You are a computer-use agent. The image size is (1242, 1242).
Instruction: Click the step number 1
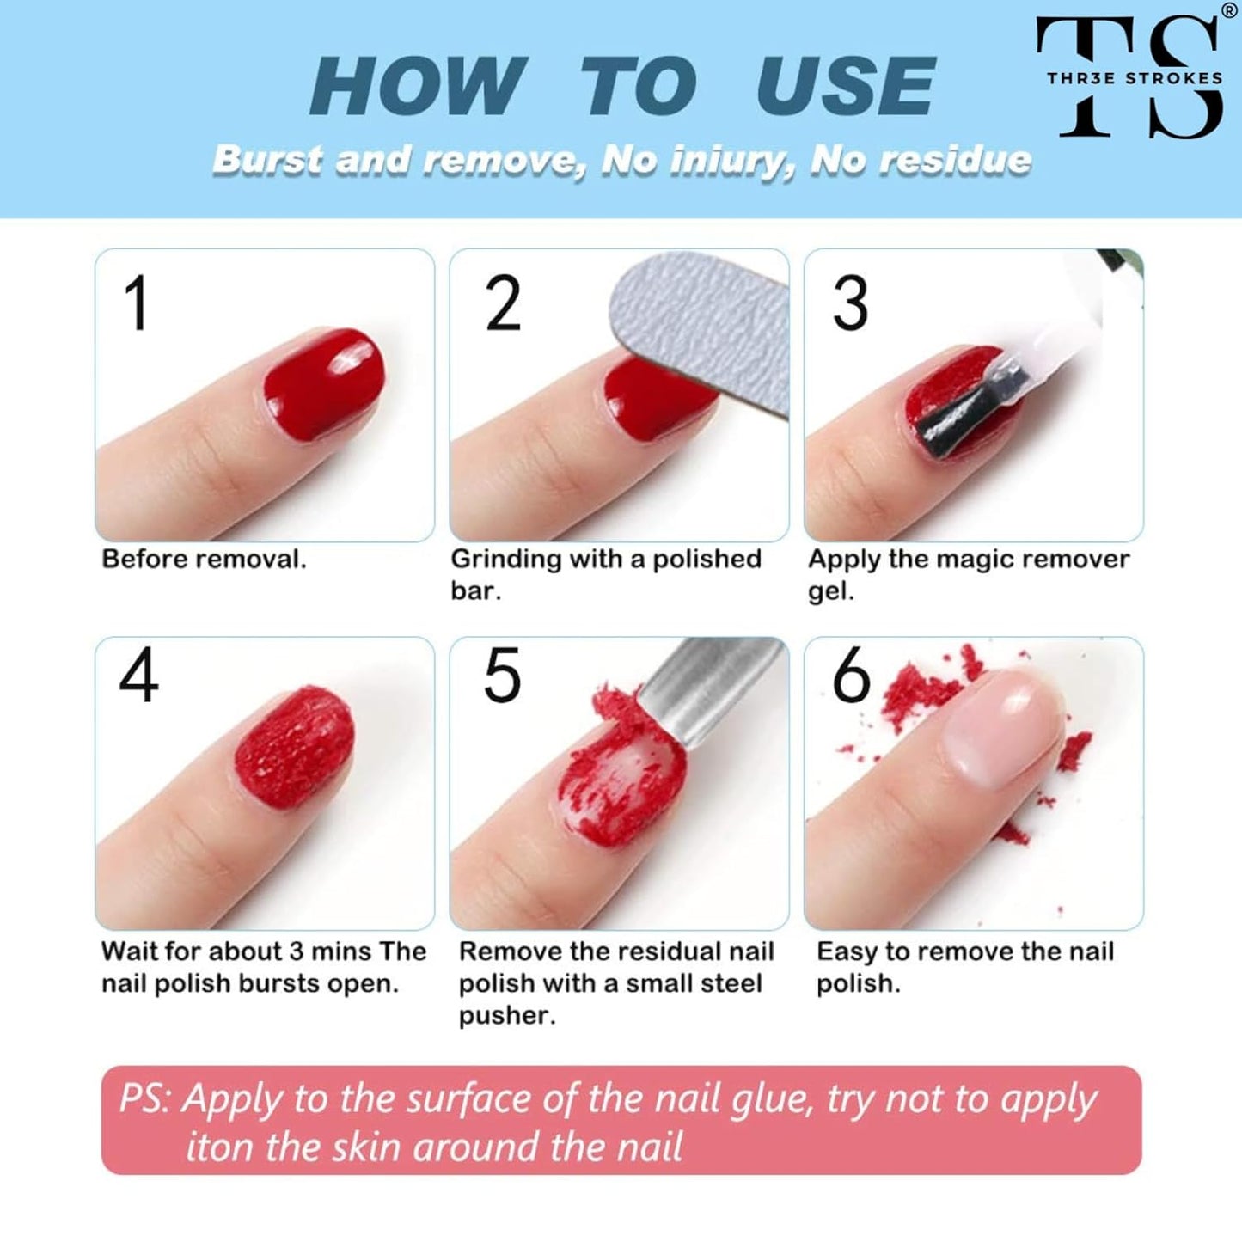coord(137,303)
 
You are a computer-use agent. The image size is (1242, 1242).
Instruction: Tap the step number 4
coord(138,676)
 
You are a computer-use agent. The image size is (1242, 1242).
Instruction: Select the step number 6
coord(851,676)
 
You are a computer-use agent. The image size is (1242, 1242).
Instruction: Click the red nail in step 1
coord(324,383)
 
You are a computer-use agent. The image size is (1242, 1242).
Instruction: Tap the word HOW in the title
coord(418,86)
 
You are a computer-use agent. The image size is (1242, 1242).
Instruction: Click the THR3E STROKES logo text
coord(1134,78)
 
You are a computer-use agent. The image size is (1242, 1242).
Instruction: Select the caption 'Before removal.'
coord(204,560)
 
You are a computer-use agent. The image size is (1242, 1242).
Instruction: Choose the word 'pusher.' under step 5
coord(506,1015)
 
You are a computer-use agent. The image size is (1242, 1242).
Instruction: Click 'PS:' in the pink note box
coord(146,1099)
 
